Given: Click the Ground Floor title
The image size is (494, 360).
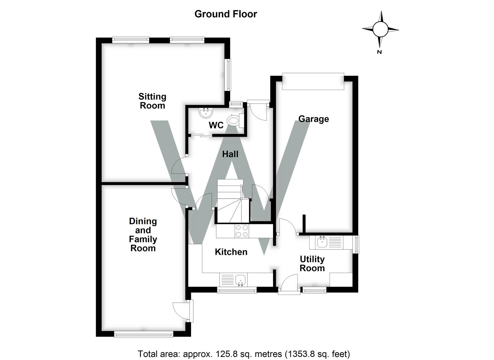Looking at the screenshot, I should click(x=226, y=14).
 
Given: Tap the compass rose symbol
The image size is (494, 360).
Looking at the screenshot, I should click(x=380, y=29).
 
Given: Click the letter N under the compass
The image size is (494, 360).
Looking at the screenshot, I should click(x=379, y=52).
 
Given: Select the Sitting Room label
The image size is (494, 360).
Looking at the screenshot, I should click(x=152, y=101).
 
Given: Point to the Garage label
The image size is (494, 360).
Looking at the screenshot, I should click(x=313, y=119).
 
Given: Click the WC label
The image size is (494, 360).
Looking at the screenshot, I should click(x=216, y=126).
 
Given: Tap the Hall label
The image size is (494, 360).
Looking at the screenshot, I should click(x=230, y=154).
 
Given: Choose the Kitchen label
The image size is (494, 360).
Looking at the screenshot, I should click(x=231, y=252).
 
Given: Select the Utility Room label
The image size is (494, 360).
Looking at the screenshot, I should click(x=312, y=264).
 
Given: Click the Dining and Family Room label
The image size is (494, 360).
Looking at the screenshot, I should click(x=143, y=235).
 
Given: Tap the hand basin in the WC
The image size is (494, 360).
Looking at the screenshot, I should click(x=206, y=113).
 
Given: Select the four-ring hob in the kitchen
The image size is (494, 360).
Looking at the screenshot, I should click(x=242, y=231).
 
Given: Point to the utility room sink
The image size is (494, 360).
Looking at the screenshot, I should click(x=322, y=242).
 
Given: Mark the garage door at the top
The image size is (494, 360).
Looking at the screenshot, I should click(x=313, y=81).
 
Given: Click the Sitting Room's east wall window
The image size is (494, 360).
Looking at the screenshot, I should click(x=228, y=75).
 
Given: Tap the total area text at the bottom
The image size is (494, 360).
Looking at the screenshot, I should click(x=244, y=354).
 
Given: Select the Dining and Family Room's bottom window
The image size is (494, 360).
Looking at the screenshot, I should click(x=144, y=334).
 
